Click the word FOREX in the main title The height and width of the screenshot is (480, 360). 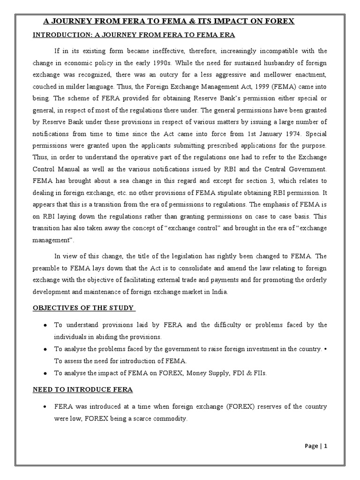pos(278,21)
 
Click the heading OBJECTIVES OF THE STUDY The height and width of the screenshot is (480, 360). pos(83,308)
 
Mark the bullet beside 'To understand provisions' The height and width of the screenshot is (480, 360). pos(44,325)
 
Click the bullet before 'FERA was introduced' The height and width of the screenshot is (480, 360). pos(44,406)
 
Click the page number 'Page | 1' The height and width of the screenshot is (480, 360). pos(316,446)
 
